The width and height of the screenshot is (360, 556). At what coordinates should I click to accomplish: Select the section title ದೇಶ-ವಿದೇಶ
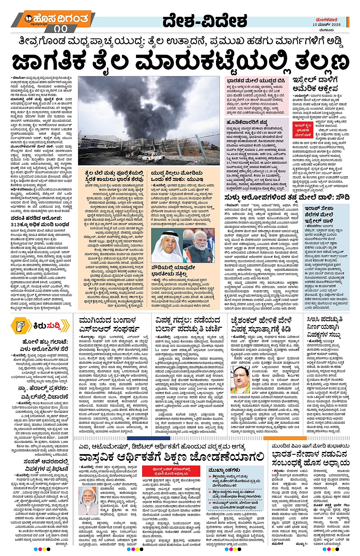205,21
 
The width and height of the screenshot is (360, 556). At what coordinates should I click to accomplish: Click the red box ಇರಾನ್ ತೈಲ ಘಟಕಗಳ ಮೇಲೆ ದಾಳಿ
303,130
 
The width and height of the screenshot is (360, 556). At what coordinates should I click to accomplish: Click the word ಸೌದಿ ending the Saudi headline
341,197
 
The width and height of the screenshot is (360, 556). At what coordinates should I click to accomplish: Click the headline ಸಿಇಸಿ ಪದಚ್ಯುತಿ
325,319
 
